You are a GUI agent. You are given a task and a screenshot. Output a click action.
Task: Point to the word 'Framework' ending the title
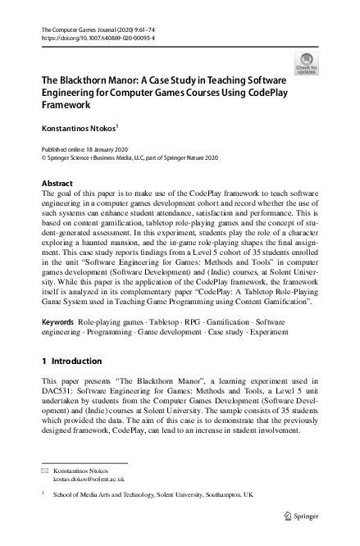[64, 106]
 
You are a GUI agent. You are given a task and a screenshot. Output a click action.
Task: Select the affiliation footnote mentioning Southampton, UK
[153, 495]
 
